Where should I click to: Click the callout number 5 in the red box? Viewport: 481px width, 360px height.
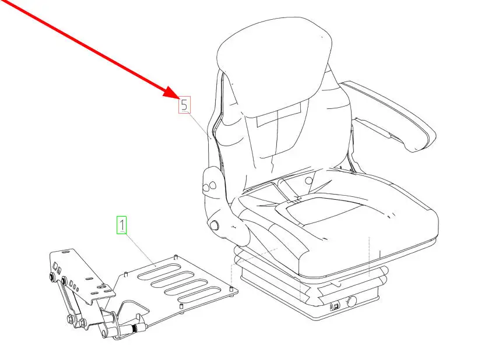[184, 105]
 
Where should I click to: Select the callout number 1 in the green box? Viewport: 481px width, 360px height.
[122, 225]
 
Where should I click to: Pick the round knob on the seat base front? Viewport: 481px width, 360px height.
[352, 302]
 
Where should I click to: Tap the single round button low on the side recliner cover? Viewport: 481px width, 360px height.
[214, 225]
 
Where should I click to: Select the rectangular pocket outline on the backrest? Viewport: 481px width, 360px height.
[279, 115]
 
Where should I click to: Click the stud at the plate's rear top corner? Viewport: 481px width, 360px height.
[175, 257]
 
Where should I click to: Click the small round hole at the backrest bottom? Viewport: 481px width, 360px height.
[309, 181]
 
